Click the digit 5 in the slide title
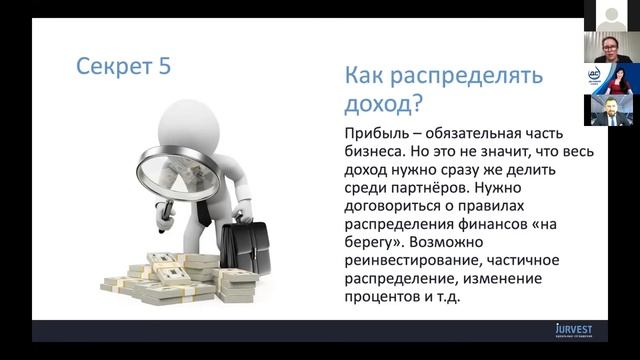tap(162, 67)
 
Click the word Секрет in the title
tap(111, 67)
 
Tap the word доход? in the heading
tap(383, 103)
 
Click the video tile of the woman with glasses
tap(611, 46)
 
